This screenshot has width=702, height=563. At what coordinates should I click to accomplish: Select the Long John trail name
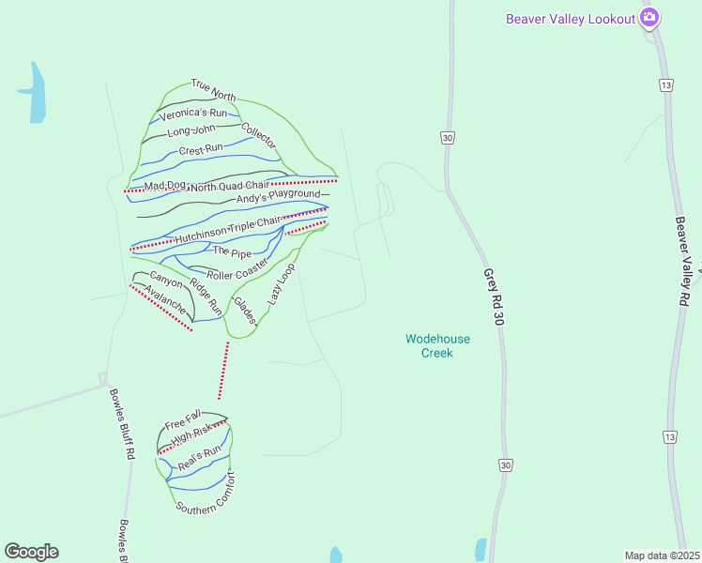[191, 130]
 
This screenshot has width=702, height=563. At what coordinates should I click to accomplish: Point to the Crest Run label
[200, 148]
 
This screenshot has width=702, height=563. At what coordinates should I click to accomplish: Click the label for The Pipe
[232, 251]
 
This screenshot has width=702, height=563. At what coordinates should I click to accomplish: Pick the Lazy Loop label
[281, 284]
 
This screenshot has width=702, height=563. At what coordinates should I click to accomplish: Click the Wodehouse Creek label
[437, 346]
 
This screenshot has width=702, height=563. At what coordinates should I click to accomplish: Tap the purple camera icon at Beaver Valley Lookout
[649, 18]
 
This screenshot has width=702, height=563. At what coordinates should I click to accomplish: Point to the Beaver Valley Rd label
[683, 261]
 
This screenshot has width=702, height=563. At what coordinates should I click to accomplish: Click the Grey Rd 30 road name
[495, 297]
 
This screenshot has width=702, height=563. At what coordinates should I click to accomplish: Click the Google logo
[31, 552]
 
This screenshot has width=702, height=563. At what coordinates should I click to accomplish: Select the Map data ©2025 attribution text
[662, 555]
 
